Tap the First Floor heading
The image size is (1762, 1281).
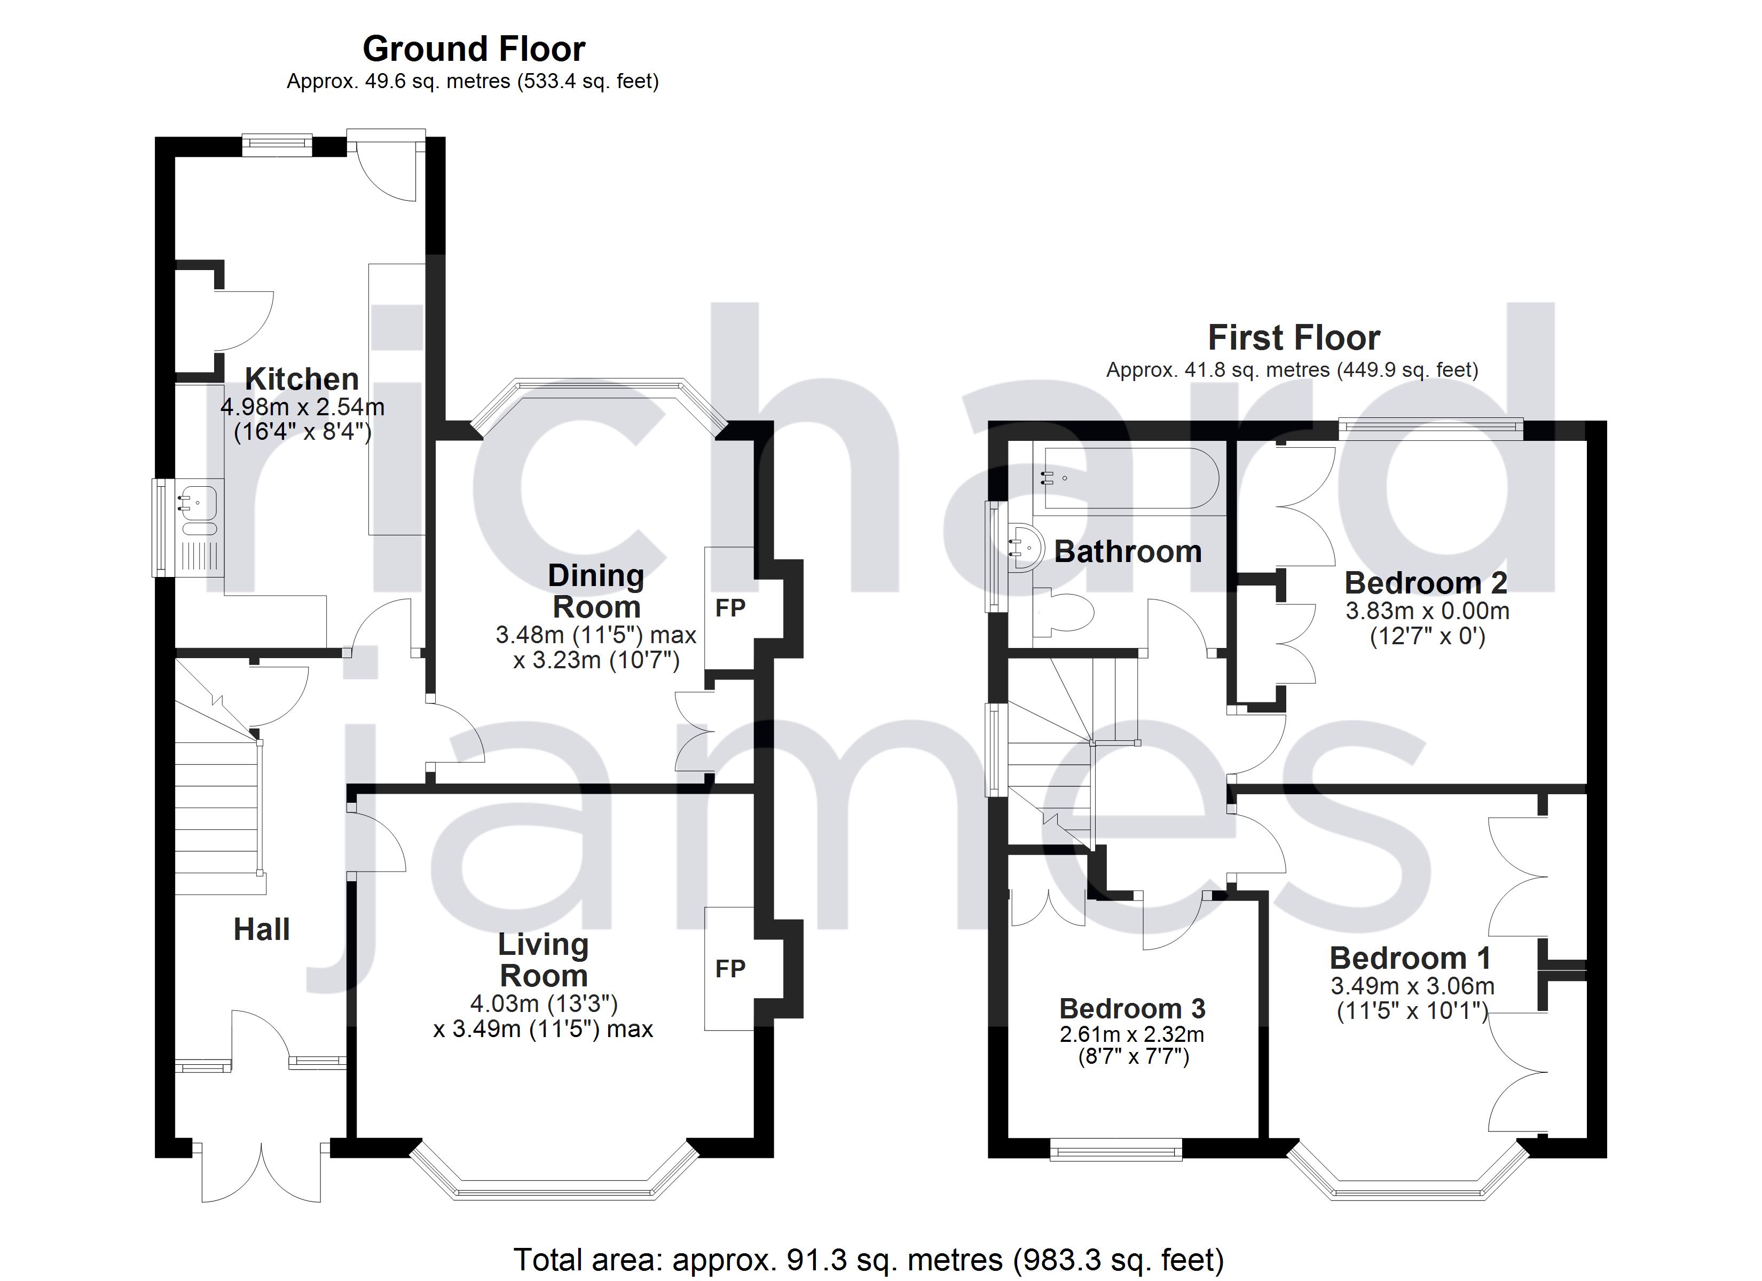point(1294,338)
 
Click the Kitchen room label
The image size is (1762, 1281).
point(302,379)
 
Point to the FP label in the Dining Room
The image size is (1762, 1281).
point(729,608)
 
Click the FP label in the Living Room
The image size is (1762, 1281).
point(729,969)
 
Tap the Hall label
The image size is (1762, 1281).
point(261,929)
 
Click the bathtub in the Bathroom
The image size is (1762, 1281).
point(1127,478)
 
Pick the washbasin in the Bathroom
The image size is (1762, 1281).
point(1024,548)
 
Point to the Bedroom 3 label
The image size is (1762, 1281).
point(1132,1008)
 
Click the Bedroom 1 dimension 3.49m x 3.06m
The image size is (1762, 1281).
point(1412,986)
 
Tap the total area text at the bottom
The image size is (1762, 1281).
point(868,1259)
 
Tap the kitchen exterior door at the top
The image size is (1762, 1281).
point(386,165)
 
